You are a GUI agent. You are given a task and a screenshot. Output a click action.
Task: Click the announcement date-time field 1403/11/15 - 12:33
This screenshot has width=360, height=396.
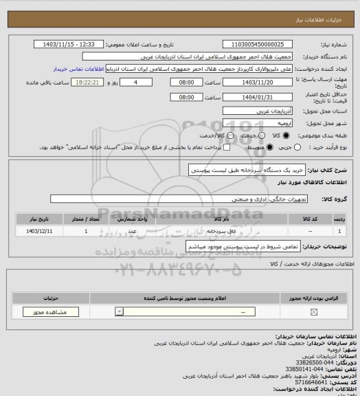(x=69, y=43)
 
